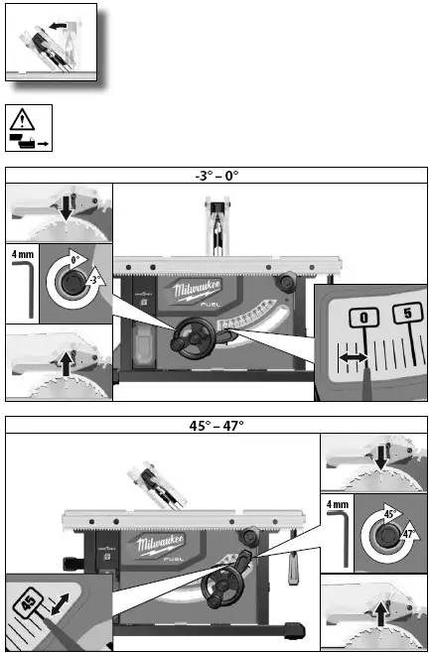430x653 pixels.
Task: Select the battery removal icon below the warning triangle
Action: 29,143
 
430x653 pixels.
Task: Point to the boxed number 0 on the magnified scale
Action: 365,316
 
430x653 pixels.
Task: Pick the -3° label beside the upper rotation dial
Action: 94,281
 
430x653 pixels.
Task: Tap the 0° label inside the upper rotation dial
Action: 76,260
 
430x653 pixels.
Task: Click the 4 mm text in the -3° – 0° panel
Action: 22,253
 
